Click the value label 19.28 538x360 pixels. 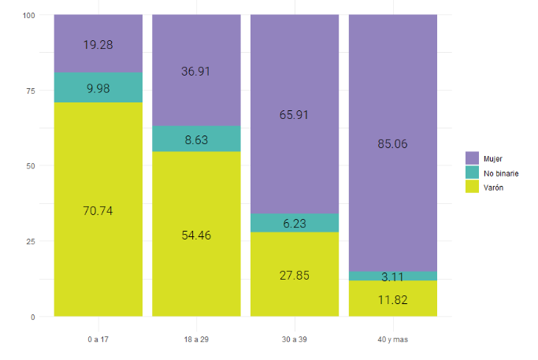98,45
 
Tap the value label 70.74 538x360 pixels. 98,210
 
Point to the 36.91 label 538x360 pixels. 196,71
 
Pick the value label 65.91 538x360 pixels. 295,114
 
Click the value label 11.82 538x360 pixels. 392,299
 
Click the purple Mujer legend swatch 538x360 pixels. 473,158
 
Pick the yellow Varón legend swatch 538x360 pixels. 473,187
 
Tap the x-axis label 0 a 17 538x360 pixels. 98,340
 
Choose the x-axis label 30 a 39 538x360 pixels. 295,340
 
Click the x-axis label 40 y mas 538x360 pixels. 392,340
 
